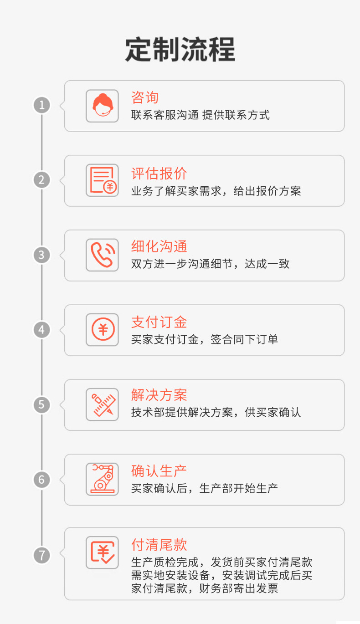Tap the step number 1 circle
[x=42, y=106]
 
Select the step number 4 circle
[x=42, y=329]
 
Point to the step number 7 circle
[x=42, y=555]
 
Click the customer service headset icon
[x=102, y=106]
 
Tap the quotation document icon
[x=102, y=181]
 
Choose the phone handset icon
[x=102, y=255]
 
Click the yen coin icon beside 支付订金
[x=102, y=330]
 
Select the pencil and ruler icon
[x=102, y=404]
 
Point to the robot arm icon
[x=102, y=479]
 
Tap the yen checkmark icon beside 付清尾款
[x=102, y=553]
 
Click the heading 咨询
[x=145, y=97]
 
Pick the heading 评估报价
[x=159, y=173]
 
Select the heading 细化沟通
[x=159, y=247]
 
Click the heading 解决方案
[x=159, y=395]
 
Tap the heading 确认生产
[x=159, y=471]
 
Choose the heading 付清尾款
[x=159, y=545]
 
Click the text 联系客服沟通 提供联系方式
[x=201, y=115]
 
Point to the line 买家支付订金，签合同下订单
[x=205, y=339]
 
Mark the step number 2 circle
[x=42, y=180]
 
